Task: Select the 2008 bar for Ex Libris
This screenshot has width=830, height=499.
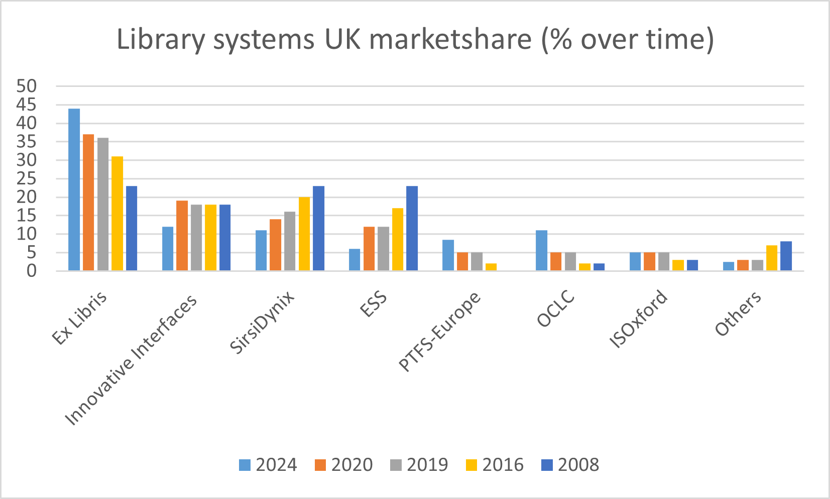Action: [132, 229]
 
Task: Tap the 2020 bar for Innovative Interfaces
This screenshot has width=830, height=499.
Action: [182, 236]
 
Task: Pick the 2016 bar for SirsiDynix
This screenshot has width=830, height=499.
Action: [304, 234]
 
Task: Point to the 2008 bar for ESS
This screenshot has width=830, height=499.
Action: [412, 229]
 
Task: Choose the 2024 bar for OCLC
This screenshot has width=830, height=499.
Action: [541, 251]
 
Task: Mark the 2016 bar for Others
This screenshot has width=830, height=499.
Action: [772, 258]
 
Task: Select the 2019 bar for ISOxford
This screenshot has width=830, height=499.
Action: [663, 262]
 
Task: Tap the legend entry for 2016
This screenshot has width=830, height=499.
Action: [495, 465]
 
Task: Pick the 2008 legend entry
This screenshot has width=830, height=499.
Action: [570, 465]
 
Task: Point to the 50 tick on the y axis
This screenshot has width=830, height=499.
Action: [27, 86]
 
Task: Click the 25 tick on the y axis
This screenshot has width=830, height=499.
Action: [27, 178]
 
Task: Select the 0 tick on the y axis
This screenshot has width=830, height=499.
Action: [32, 271]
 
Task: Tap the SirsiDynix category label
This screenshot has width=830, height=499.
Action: [262, 323]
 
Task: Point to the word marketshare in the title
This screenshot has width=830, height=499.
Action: [450, 39]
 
